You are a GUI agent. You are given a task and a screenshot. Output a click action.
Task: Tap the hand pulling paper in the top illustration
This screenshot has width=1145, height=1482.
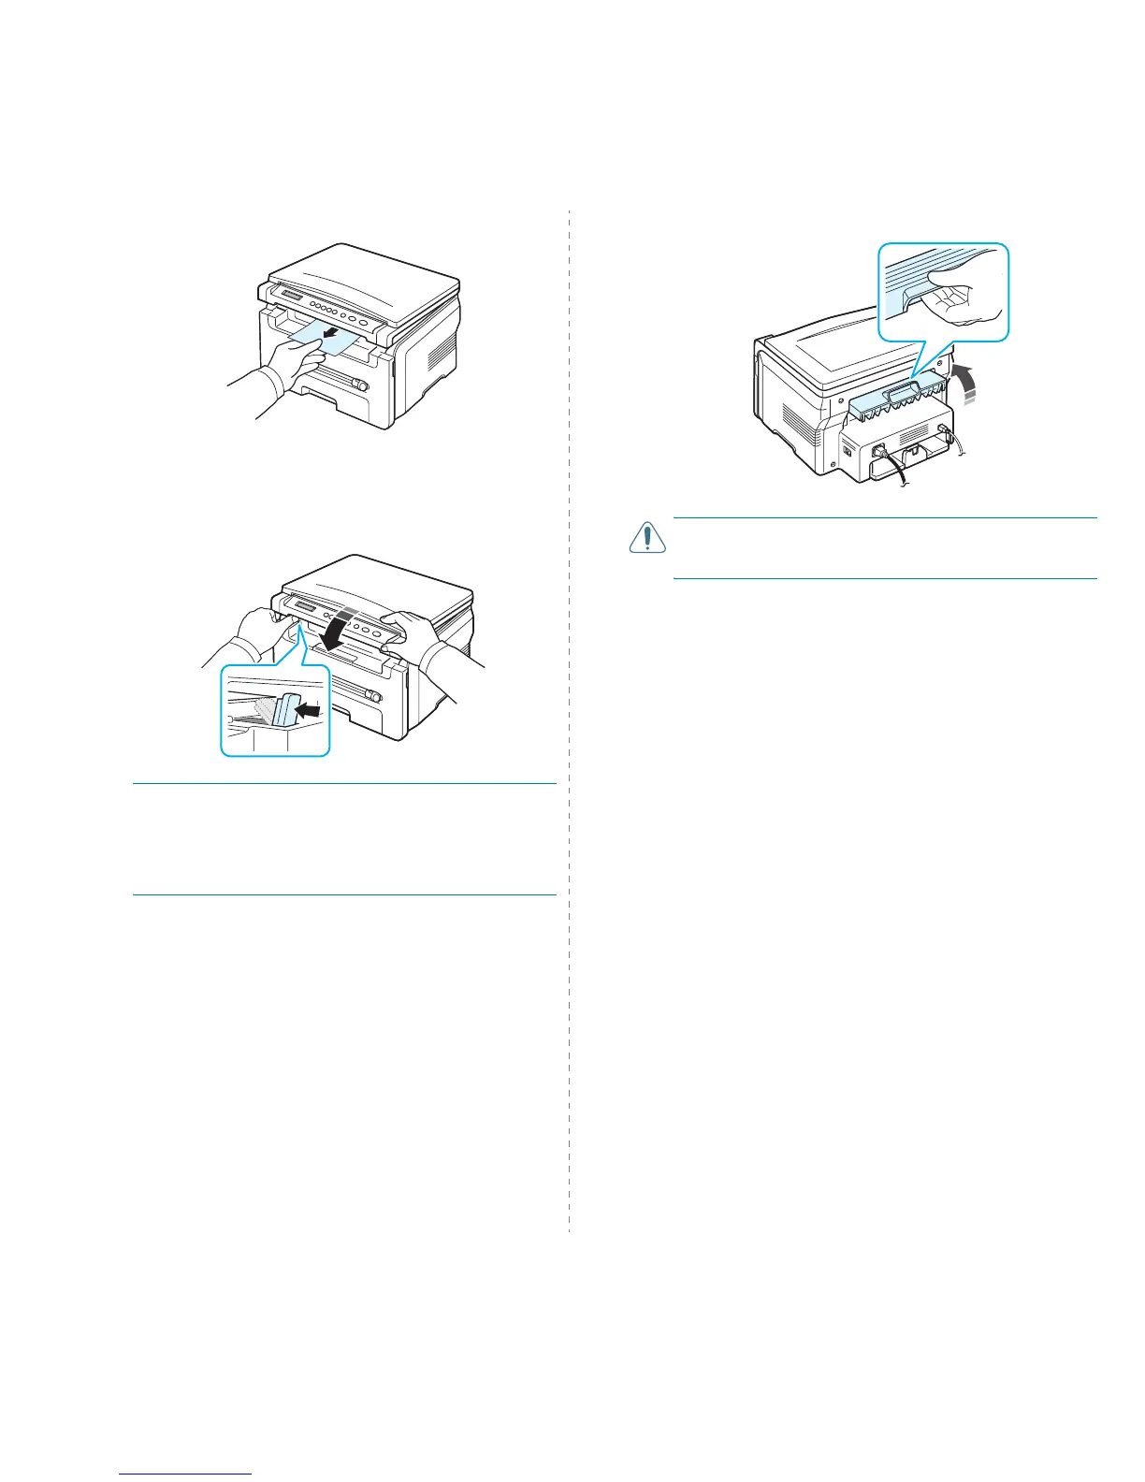[295, 360]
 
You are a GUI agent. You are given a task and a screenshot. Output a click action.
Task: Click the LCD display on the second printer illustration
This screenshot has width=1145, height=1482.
[308, 608]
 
